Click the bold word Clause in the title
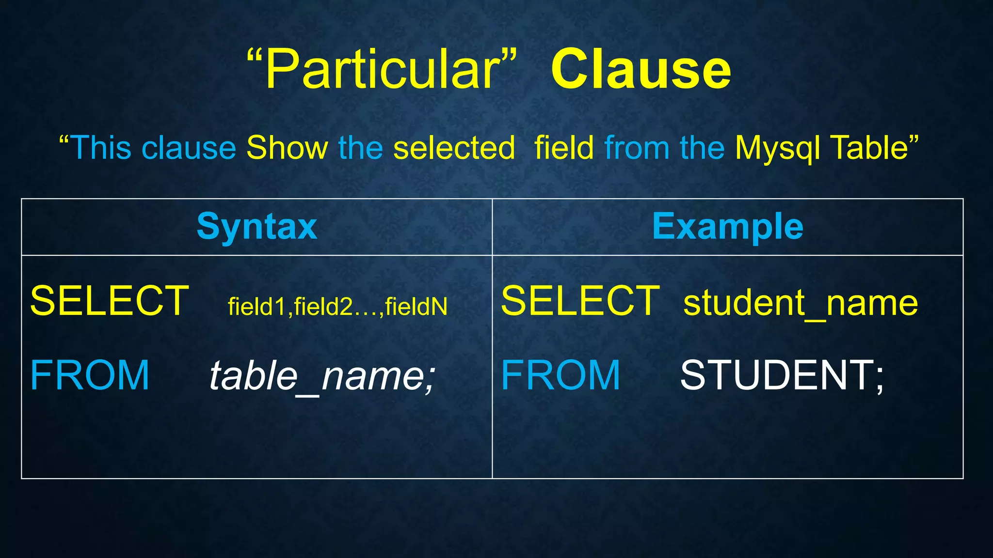point(641,70)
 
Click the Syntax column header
point(256,226)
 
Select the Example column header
point(727,226)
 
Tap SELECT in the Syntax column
point(109,301)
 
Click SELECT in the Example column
point(580,301)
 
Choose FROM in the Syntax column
point(90,375)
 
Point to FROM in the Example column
point(561,375)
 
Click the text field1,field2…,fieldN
point(337,307)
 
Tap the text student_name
point(800,303)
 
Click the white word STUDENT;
point(782,375)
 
